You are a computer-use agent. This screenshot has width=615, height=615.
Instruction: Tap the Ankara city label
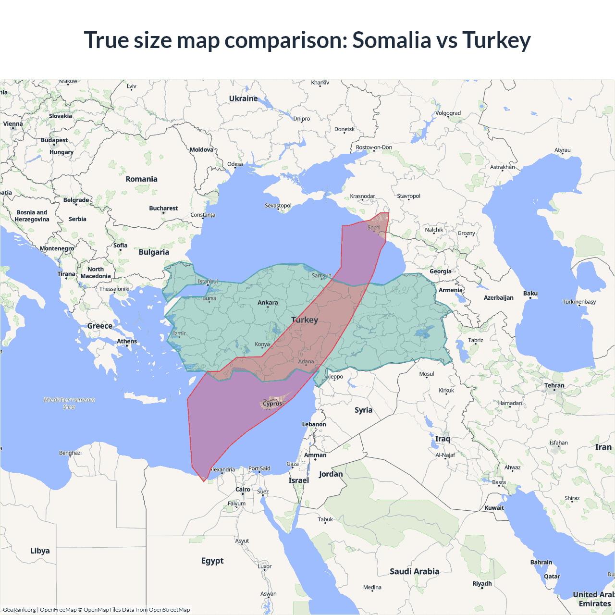pos(268,303)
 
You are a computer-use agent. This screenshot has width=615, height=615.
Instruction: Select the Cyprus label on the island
pos(272,404)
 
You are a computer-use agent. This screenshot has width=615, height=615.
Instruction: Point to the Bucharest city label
pos(163,209)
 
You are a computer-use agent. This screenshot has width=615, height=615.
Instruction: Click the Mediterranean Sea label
pos(69,403)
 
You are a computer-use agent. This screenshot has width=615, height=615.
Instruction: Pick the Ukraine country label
pos(243,98)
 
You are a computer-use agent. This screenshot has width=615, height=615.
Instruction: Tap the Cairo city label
pos(243,490)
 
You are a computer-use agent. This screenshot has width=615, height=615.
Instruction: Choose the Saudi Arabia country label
pos(414,571)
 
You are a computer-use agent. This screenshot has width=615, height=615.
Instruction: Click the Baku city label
pos(530,294)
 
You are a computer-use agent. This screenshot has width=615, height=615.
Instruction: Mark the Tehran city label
pos(554,386)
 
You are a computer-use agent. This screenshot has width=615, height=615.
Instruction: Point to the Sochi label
pos(374,228)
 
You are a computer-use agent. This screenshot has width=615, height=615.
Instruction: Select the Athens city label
pos(127,342)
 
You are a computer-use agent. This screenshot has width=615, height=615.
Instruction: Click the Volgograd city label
pos(448,113)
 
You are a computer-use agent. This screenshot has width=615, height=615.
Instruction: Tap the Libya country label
pos(40,551)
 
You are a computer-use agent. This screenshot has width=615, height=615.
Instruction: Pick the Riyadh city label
pos(482,584)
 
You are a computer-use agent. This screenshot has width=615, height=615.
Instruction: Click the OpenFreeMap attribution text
pos(58,610)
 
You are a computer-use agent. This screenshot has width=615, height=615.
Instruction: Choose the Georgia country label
pos(441,271)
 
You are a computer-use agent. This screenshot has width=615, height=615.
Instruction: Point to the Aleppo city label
pos(334,377)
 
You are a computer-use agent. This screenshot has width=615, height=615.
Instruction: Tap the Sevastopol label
pos(278,206)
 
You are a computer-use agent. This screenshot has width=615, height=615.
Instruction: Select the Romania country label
pos(141,179)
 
